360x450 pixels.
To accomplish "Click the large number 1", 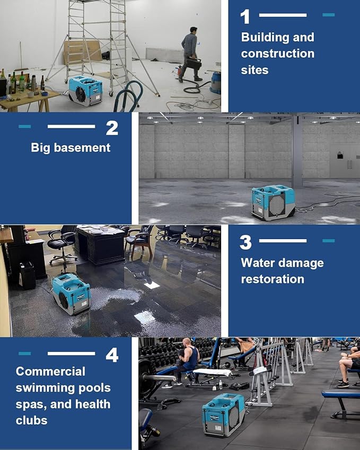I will [x=245, y=16].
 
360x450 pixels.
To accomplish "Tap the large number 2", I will [x=112, y=128].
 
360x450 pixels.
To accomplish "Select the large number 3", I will [x=245, y=242].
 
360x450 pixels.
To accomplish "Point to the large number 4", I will [x=112, y=355].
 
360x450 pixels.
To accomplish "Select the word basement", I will [x=84, y=147].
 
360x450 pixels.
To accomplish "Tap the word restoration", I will [x=273, y=279].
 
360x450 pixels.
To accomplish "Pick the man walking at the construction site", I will [x=190, y=54].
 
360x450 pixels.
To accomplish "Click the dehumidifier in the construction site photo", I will [x=85, y=91].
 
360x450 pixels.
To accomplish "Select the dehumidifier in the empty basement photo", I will [x=273, y=202].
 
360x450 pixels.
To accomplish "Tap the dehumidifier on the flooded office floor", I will [x=71, y=294].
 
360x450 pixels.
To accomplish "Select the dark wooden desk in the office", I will [x=101, y=245].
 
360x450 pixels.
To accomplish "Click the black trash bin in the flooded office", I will [x=27, y=275].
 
